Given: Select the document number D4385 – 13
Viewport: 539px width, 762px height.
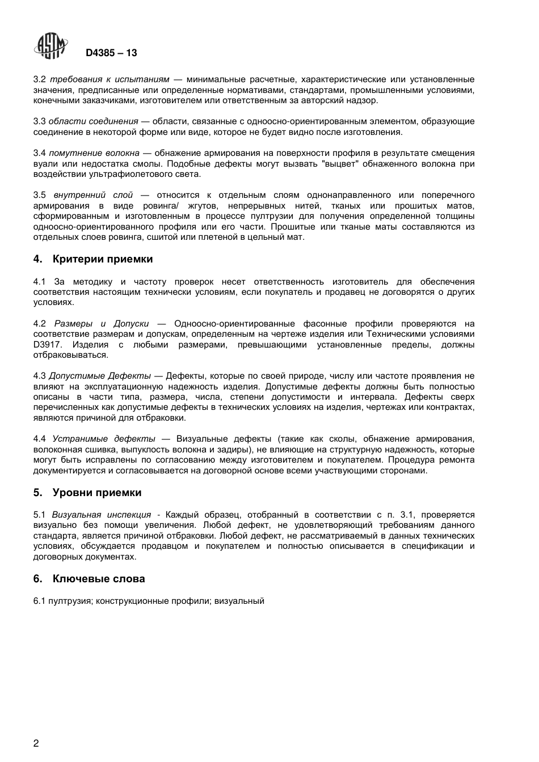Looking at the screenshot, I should [111, 53].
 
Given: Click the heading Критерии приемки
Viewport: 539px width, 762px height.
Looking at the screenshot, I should [103, 259].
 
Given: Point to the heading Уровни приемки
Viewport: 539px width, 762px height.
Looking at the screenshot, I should [97, 493].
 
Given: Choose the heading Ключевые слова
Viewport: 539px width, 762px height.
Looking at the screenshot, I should [99, 579].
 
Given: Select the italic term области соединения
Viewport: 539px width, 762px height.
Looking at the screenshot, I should [94, 121].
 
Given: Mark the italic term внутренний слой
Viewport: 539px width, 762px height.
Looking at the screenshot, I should [94, 195].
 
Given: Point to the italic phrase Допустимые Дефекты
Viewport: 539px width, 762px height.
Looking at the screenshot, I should [100, 376].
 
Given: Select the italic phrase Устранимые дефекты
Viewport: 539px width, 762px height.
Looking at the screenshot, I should [104, 439].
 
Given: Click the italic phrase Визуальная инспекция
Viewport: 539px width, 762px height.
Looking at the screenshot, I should [102, 515].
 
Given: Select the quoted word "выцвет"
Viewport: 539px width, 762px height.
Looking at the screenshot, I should [340, 164].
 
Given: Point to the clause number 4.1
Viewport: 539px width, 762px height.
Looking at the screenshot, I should [39, 282].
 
